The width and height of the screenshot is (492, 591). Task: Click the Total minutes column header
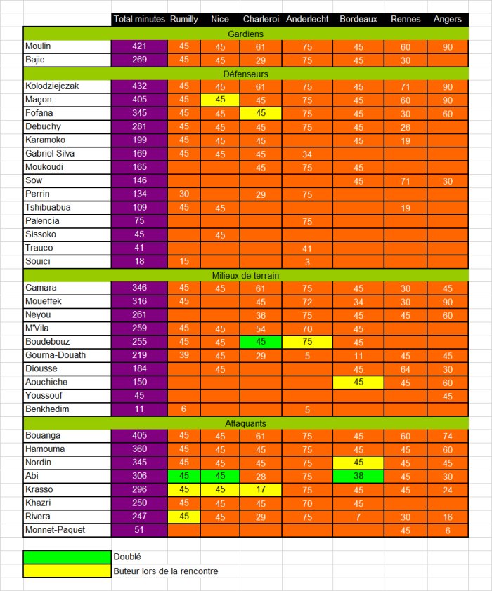pyautogui.click(x=140, y=19)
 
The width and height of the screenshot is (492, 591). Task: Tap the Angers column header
pyautogui.click(x=448, y=19)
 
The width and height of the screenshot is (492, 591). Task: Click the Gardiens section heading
pyautogui.click(x=246, y=33)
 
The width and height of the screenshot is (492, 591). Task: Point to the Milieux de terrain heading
pyautogui.click(x=246, y=275)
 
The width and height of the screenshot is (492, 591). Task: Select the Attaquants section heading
pyautogui.click(x=246, y=423)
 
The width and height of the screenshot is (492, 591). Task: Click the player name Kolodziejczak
pyautogui.click(x=53, y=86)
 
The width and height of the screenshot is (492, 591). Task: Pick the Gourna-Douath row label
pyautogui.click(x=56, y=355)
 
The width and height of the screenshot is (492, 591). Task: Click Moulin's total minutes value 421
pyautogui.click(x=140, y=46)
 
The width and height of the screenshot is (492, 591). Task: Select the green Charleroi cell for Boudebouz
pyautogui.click(x=261, y=342)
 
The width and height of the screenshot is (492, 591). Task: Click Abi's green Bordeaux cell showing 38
pyautogui.click(x=358, y=477)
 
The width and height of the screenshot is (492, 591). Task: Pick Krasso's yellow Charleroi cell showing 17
pyautogui.click(x=261, y=490)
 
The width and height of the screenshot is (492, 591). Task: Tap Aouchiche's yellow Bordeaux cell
pyautogui.click(x=358, y=383)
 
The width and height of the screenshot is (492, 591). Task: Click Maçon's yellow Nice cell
pyautogui.click(x=220, y=100)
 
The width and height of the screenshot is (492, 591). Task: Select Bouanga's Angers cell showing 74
pyautogui.click(x=448, y=436)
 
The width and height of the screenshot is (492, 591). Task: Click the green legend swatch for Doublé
pyautogui.click(x=67, y=557)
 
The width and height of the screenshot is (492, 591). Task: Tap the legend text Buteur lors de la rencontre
pyautogui.click(x=165, y=571)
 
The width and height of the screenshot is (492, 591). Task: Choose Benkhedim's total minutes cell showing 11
pyautogui.click(x=140, y=409)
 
